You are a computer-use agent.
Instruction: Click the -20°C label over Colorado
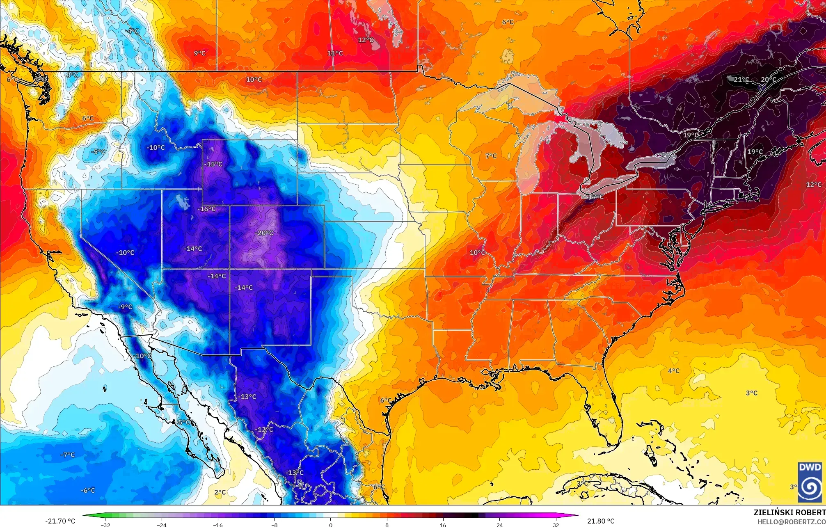[x=264, y=233]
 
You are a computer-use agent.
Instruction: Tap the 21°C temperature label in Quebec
[x=741, y=80]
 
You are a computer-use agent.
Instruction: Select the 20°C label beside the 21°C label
[x=769, y=80]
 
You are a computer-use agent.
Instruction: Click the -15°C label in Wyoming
[x=213, y=165]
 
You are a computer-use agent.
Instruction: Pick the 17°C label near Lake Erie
[x=596, y=197]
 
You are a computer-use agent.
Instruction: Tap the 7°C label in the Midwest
[x=491, y=156]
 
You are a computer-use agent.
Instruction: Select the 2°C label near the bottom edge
[x=220, y=492]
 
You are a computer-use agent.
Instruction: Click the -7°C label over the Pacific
[x=68, y=455]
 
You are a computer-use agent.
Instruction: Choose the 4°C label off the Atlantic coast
[x=673, y=371]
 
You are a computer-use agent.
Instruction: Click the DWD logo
[x=810, y=482]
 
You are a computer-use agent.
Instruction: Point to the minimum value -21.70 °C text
[x=60, y=521]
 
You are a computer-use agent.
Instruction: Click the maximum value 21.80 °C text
[x=601, y=521]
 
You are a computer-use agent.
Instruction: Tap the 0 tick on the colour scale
[x=331, y=525]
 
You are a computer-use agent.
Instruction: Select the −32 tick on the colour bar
[x=106, y=525]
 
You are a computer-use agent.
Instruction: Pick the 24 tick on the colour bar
[x=499, y=525]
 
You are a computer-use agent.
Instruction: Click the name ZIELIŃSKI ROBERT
[x=789, y=512]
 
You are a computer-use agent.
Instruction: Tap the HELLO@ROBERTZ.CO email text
[x=791, y=522]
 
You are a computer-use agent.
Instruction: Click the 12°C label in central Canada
[x=366, y=40]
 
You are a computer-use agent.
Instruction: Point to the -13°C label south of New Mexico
[x=248, y=397]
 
